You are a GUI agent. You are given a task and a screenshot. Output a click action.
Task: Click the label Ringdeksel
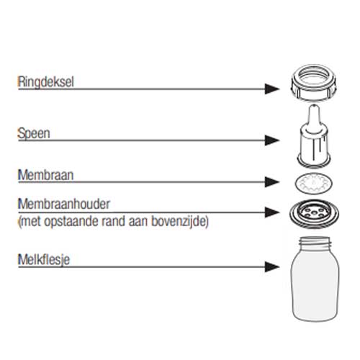pos(46,82)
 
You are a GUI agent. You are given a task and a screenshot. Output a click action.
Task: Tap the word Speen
pos(34,133)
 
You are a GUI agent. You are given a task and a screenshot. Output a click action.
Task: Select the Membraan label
pos(46,175)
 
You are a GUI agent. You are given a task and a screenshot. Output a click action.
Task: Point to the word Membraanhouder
pos(64,204)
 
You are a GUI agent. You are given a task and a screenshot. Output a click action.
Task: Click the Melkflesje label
pos(44,260)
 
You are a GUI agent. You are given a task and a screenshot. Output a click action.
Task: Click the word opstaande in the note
pos(71,222)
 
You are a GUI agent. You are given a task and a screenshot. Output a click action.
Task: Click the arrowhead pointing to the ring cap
pos(272,89)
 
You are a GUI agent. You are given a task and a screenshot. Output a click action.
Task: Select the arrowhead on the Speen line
pos(272,140)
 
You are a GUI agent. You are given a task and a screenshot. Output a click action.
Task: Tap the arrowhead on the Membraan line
pos(272,182)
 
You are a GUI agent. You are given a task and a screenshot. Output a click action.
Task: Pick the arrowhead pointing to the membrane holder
pos(272,212)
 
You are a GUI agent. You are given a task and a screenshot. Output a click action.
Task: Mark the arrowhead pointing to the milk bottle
pos(272,267)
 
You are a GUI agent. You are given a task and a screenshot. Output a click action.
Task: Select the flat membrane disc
pos(314,183)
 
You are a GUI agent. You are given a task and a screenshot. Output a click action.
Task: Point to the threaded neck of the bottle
pos(315,243)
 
